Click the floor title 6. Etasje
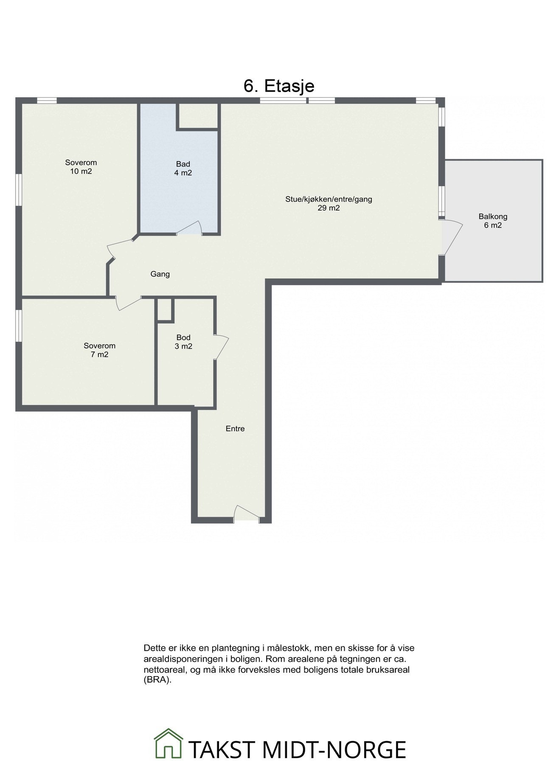(279, 86)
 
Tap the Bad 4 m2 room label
(183, 169)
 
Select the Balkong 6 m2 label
(493, 221)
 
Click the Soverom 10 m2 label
(81, 167)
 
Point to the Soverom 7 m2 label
(99, 350)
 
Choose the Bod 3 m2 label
(183, 342)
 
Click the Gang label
(160, 274)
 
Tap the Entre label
(235, 429)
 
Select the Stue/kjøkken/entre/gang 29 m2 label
(329, 203)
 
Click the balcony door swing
(452, 238)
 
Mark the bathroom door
(190, 228)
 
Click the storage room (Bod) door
(222, 347)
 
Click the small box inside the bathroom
(197, 115)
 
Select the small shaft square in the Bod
(165, 309)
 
